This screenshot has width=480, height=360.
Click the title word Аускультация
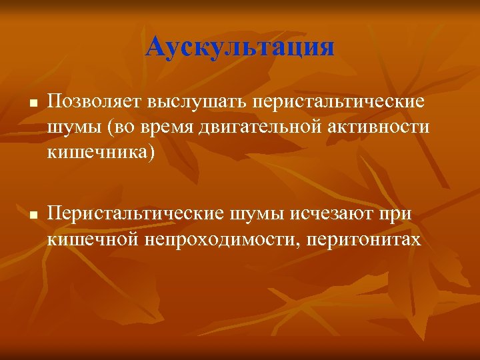(x=240, y=47)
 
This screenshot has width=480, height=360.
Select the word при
(x=398, y=215)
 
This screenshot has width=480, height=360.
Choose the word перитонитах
(x=364, y=238)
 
